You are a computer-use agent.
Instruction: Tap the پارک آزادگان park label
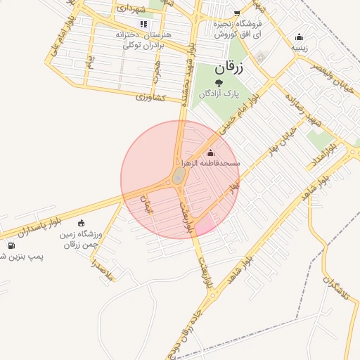pos(219,93)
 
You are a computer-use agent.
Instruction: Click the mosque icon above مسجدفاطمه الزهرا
pos(211,153)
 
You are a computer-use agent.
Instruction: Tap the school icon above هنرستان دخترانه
pos(144,24)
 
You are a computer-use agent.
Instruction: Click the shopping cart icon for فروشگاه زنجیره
pos(237,13)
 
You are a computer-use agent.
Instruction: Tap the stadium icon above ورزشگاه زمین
pos(82,223)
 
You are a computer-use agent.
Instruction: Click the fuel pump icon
pos(11,245)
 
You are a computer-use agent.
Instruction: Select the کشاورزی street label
pos(150,96)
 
